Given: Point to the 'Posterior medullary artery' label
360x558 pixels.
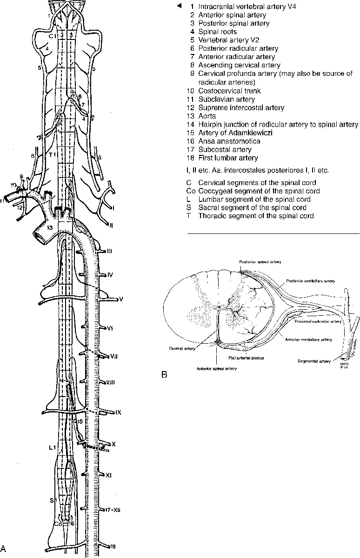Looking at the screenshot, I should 311,281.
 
